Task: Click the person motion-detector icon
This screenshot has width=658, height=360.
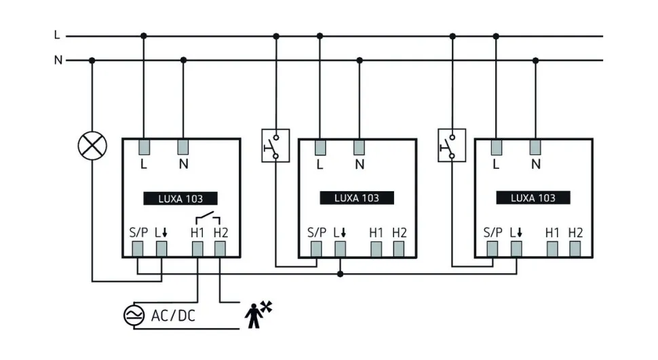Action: pos(258,313)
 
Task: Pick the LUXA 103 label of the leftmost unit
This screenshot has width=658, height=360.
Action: pos(180,199)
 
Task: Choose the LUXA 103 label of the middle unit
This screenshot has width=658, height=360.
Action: pos(357,198)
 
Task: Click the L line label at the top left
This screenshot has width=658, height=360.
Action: pos(58,35)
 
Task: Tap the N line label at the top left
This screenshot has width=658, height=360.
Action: pos(58,60)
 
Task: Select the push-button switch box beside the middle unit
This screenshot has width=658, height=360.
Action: pos(275,145)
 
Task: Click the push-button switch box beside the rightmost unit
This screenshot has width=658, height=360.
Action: pos(451,145)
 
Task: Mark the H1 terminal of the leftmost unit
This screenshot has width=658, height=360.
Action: pos(197,249)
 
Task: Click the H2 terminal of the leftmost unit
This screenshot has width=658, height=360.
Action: pos(220,249)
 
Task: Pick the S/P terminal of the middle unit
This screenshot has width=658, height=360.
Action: pos(316,249)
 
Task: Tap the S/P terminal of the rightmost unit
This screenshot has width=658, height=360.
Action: pos(492,249)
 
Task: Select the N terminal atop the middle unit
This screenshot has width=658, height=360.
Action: pos(359,147)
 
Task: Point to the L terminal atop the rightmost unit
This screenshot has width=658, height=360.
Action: pos(496,147)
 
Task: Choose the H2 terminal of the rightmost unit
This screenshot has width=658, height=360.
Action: pos(575,249)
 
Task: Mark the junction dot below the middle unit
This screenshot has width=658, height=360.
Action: pos(341,274)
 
